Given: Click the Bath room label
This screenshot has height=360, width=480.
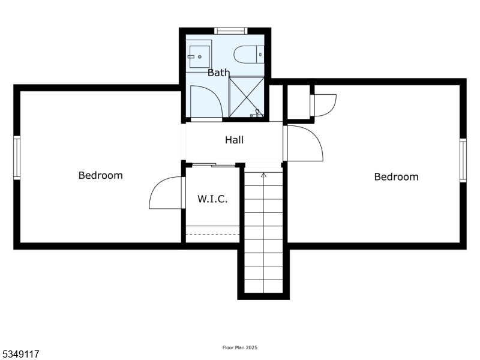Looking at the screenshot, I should pos(218,73).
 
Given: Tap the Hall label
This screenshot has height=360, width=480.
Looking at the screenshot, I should pos(234,140).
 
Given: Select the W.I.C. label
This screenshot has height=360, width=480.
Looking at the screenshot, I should pos(212,199).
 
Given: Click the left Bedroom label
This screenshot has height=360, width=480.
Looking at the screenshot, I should pos(100,175).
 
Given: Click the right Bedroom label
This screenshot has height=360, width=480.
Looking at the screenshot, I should pos(396,176).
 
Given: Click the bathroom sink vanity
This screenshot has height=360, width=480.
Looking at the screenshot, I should pos(199,55).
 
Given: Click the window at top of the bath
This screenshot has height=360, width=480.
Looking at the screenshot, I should pos(231,31).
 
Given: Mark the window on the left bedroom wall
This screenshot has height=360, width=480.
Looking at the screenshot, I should pos(17,158).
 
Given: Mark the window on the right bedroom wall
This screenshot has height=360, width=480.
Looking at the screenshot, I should pos(463,160).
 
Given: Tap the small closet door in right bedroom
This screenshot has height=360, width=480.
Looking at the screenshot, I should pos(325,105).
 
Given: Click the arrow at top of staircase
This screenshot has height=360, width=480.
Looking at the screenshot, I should pos(263,175).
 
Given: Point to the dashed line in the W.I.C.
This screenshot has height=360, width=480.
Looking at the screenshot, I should pos(213,234).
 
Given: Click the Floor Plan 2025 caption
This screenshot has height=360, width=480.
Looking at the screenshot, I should pos(240,347).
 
